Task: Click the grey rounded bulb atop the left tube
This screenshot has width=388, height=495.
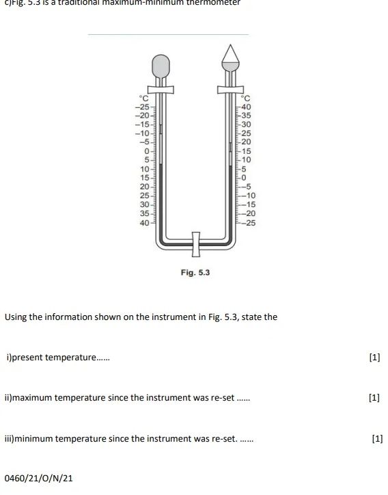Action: [x=161, y=66]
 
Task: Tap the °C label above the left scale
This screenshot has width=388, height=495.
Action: [x=143, y=98]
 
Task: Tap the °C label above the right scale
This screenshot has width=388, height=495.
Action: [x=247, y=98]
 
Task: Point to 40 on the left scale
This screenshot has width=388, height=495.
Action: [x=144, y=223]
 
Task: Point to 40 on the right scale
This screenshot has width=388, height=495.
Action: [x=247, y=107]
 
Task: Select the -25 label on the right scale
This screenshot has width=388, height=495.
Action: [x=249, y=223]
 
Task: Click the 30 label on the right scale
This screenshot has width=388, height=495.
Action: [x=247, y=124]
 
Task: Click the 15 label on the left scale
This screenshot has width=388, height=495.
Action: [x=144, y=178]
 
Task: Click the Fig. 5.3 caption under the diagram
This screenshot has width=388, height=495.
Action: [x=195, y=272]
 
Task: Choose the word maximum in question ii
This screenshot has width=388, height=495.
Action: [x=33, y=398]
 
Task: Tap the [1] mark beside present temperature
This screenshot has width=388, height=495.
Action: [x=374, y=358]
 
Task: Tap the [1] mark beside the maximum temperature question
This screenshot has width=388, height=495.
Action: [x=374, y=398]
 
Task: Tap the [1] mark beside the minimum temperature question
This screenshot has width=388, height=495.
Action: [x=377, y=438]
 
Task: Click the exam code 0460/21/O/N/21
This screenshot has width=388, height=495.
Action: [x=38, y=478]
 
